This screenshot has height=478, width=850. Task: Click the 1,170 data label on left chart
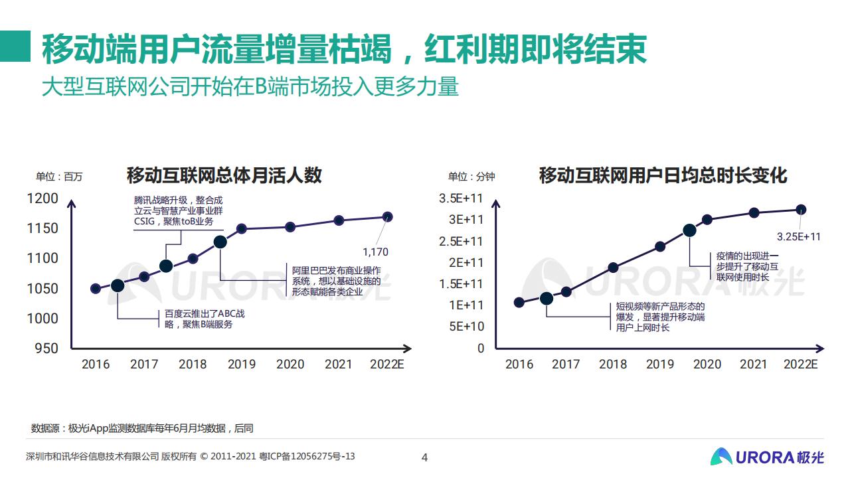coord(375,252)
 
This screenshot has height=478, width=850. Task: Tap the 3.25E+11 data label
coord(799,236)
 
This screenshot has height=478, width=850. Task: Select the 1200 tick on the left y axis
coord(42,198)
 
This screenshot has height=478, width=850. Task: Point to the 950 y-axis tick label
coord(46,348)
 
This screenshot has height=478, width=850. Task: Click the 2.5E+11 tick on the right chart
coord(461,241)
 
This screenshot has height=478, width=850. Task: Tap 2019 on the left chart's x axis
coord(242,364)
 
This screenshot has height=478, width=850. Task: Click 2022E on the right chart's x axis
coord(801,364)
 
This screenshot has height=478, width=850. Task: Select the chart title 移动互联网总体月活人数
coord(224,175)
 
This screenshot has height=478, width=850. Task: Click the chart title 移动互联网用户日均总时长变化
coord(663,175)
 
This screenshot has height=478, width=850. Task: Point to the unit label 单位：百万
coord(59,177)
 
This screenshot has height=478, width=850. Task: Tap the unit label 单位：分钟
coord(471,177)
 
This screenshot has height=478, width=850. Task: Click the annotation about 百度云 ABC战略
coord(204,319)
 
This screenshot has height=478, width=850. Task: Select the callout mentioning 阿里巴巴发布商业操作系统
coord(337,281)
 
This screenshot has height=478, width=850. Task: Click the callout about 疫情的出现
coord(747,266)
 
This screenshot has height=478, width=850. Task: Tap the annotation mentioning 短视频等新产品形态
coord(659,317)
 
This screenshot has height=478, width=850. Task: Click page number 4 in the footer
coord(425,457)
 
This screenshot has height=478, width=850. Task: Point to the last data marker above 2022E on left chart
coord(388,216)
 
